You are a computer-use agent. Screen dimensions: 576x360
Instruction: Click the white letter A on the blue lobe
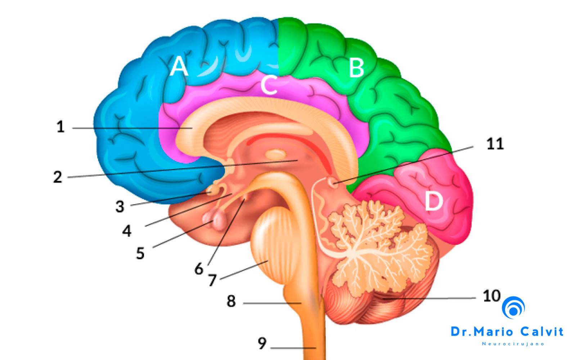[179, 66]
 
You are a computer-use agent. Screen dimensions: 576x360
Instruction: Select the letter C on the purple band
[269, 85]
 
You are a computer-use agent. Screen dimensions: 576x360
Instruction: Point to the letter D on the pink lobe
[433, 201]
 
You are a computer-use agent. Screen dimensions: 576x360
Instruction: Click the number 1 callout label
[60, 126]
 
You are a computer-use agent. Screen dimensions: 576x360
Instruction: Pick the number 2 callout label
[58, 177]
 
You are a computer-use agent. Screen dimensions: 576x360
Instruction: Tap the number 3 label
[120, 207]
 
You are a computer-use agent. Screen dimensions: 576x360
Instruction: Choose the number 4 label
[127, 231]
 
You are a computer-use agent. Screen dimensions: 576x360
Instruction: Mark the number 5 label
[140, 253]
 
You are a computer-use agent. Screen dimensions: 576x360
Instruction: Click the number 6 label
[199, 269]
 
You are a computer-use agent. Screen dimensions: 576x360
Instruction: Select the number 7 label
[212, 280]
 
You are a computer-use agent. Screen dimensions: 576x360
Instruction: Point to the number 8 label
[231, 301]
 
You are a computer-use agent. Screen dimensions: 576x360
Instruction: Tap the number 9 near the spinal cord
[262, 343]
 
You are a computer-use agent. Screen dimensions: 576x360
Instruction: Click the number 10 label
[492, 296]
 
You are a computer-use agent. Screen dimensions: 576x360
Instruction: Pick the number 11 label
[495, 144]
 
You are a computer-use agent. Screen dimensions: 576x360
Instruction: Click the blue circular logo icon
[513, 307]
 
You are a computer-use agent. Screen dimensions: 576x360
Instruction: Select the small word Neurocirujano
[513, 344]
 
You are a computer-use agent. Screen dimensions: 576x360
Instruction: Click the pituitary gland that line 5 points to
[215, 220]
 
